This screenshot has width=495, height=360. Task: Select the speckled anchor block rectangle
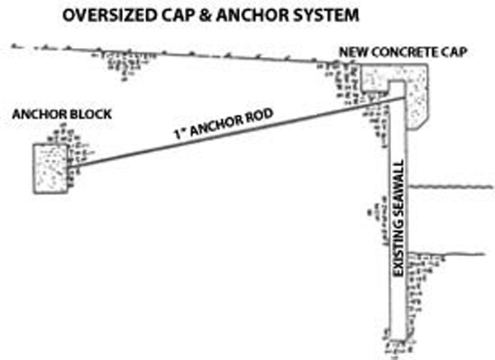click(50, 168)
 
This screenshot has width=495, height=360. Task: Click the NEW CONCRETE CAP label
click(403, 53)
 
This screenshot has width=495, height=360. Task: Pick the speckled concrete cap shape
click(419, 95)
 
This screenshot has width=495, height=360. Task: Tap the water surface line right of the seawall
click(454, 187)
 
